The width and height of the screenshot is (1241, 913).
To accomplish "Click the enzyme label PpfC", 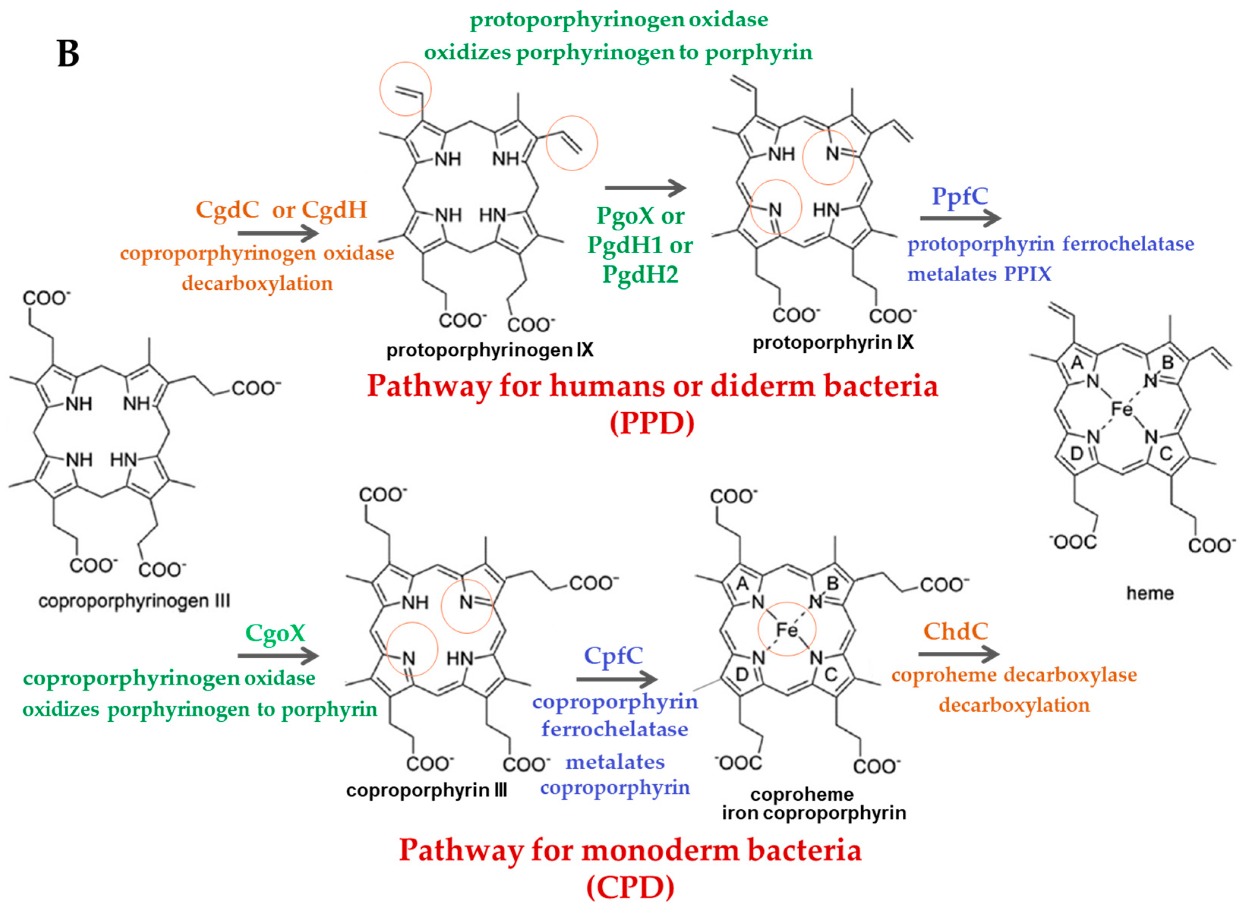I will point(960,196).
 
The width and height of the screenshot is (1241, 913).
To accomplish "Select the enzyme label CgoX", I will point(275,633).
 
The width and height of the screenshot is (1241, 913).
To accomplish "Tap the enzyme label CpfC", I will point(614,656).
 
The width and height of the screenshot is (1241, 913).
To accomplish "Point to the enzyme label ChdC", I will point(956,631).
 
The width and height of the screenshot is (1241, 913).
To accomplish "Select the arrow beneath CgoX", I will point(278,656).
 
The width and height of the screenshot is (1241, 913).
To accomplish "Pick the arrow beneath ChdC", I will point(958,654).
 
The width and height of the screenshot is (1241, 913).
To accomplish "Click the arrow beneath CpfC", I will point(616,679).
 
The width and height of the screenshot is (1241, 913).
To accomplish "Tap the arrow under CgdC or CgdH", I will point(278,233).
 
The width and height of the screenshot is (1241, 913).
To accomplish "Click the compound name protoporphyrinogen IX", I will point(490,350).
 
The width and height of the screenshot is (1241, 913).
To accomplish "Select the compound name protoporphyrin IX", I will point(833,343).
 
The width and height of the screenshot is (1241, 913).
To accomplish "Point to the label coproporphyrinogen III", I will point(134,601).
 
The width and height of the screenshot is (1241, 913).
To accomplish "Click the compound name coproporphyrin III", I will point(426,790).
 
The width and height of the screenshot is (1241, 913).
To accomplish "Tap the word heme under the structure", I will point(1150,593).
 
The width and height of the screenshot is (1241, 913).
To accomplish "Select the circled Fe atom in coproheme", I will point(786,629).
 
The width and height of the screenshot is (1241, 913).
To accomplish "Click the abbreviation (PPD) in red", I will point(652,423).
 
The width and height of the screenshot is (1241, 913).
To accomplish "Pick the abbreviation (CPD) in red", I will point(630,888).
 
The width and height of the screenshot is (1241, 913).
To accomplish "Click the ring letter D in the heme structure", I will point(1076,454).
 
